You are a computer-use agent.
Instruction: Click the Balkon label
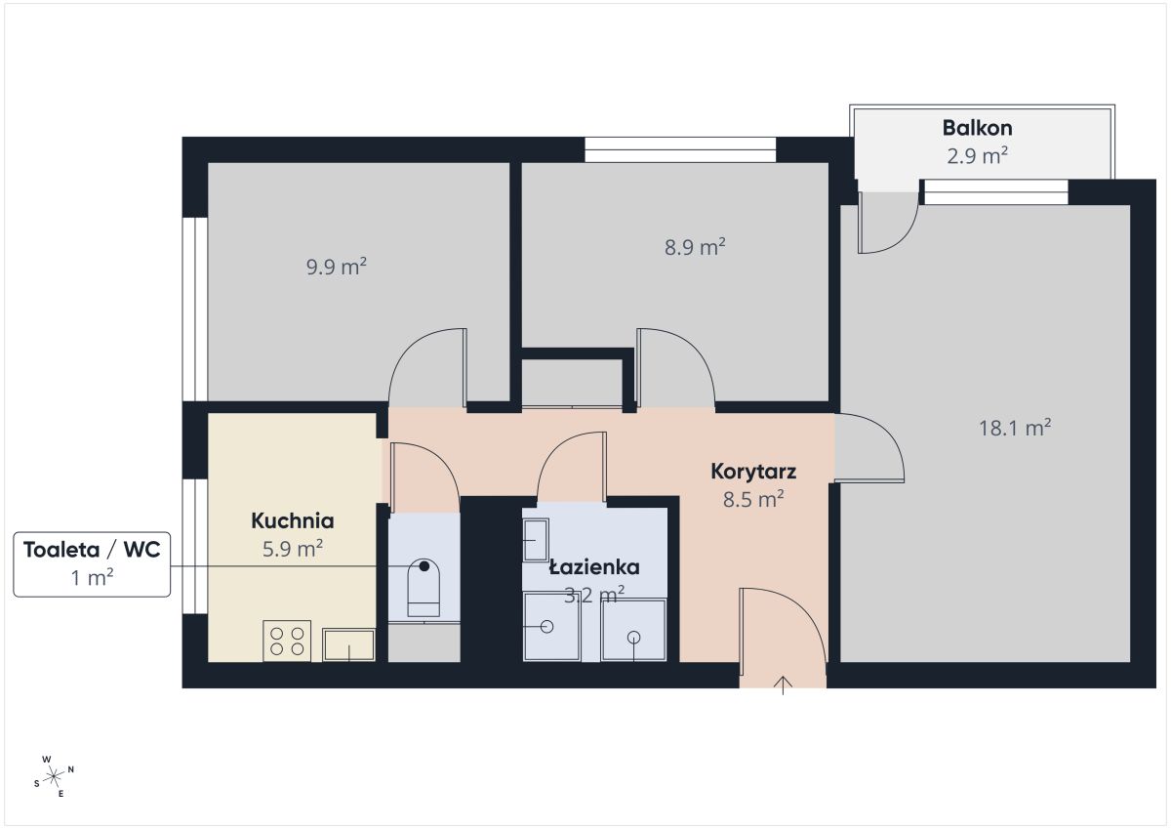tap(977, 128)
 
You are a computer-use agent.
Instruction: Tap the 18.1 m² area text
tap(1015, 428)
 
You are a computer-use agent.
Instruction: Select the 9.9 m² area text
tap(336, 267)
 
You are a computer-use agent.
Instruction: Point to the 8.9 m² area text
tap(695, 247)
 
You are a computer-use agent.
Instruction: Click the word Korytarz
tap(753, 472)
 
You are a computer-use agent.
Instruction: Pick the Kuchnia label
tap(292, 521)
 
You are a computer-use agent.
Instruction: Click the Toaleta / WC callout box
tap(92, 564)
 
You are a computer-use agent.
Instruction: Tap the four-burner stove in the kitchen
tap(287, 641)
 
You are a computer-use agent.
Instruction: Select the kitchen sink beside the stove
tap(348, 644)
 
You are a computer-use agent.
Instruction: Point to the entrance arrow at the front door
tap(783, 685)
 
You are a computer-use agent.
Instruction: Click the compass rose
tap(54, 776)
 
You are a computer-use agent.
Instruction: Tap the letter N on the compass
tap(71, 769)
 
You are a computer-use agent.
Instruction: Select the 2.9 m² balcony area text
tap(977, 156)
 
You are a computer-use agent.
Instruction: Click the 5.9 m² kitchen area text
tap(292, 549)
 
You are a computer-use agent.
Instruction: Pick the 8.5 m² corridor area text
tap(753, 500)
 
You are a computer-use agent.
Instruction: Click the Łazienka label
tap(594, 567)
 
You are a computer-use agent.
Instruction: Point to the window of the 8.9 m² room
tap(680, 149)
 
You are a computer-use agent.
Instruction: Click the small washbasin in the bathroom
tap(536, 540)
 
